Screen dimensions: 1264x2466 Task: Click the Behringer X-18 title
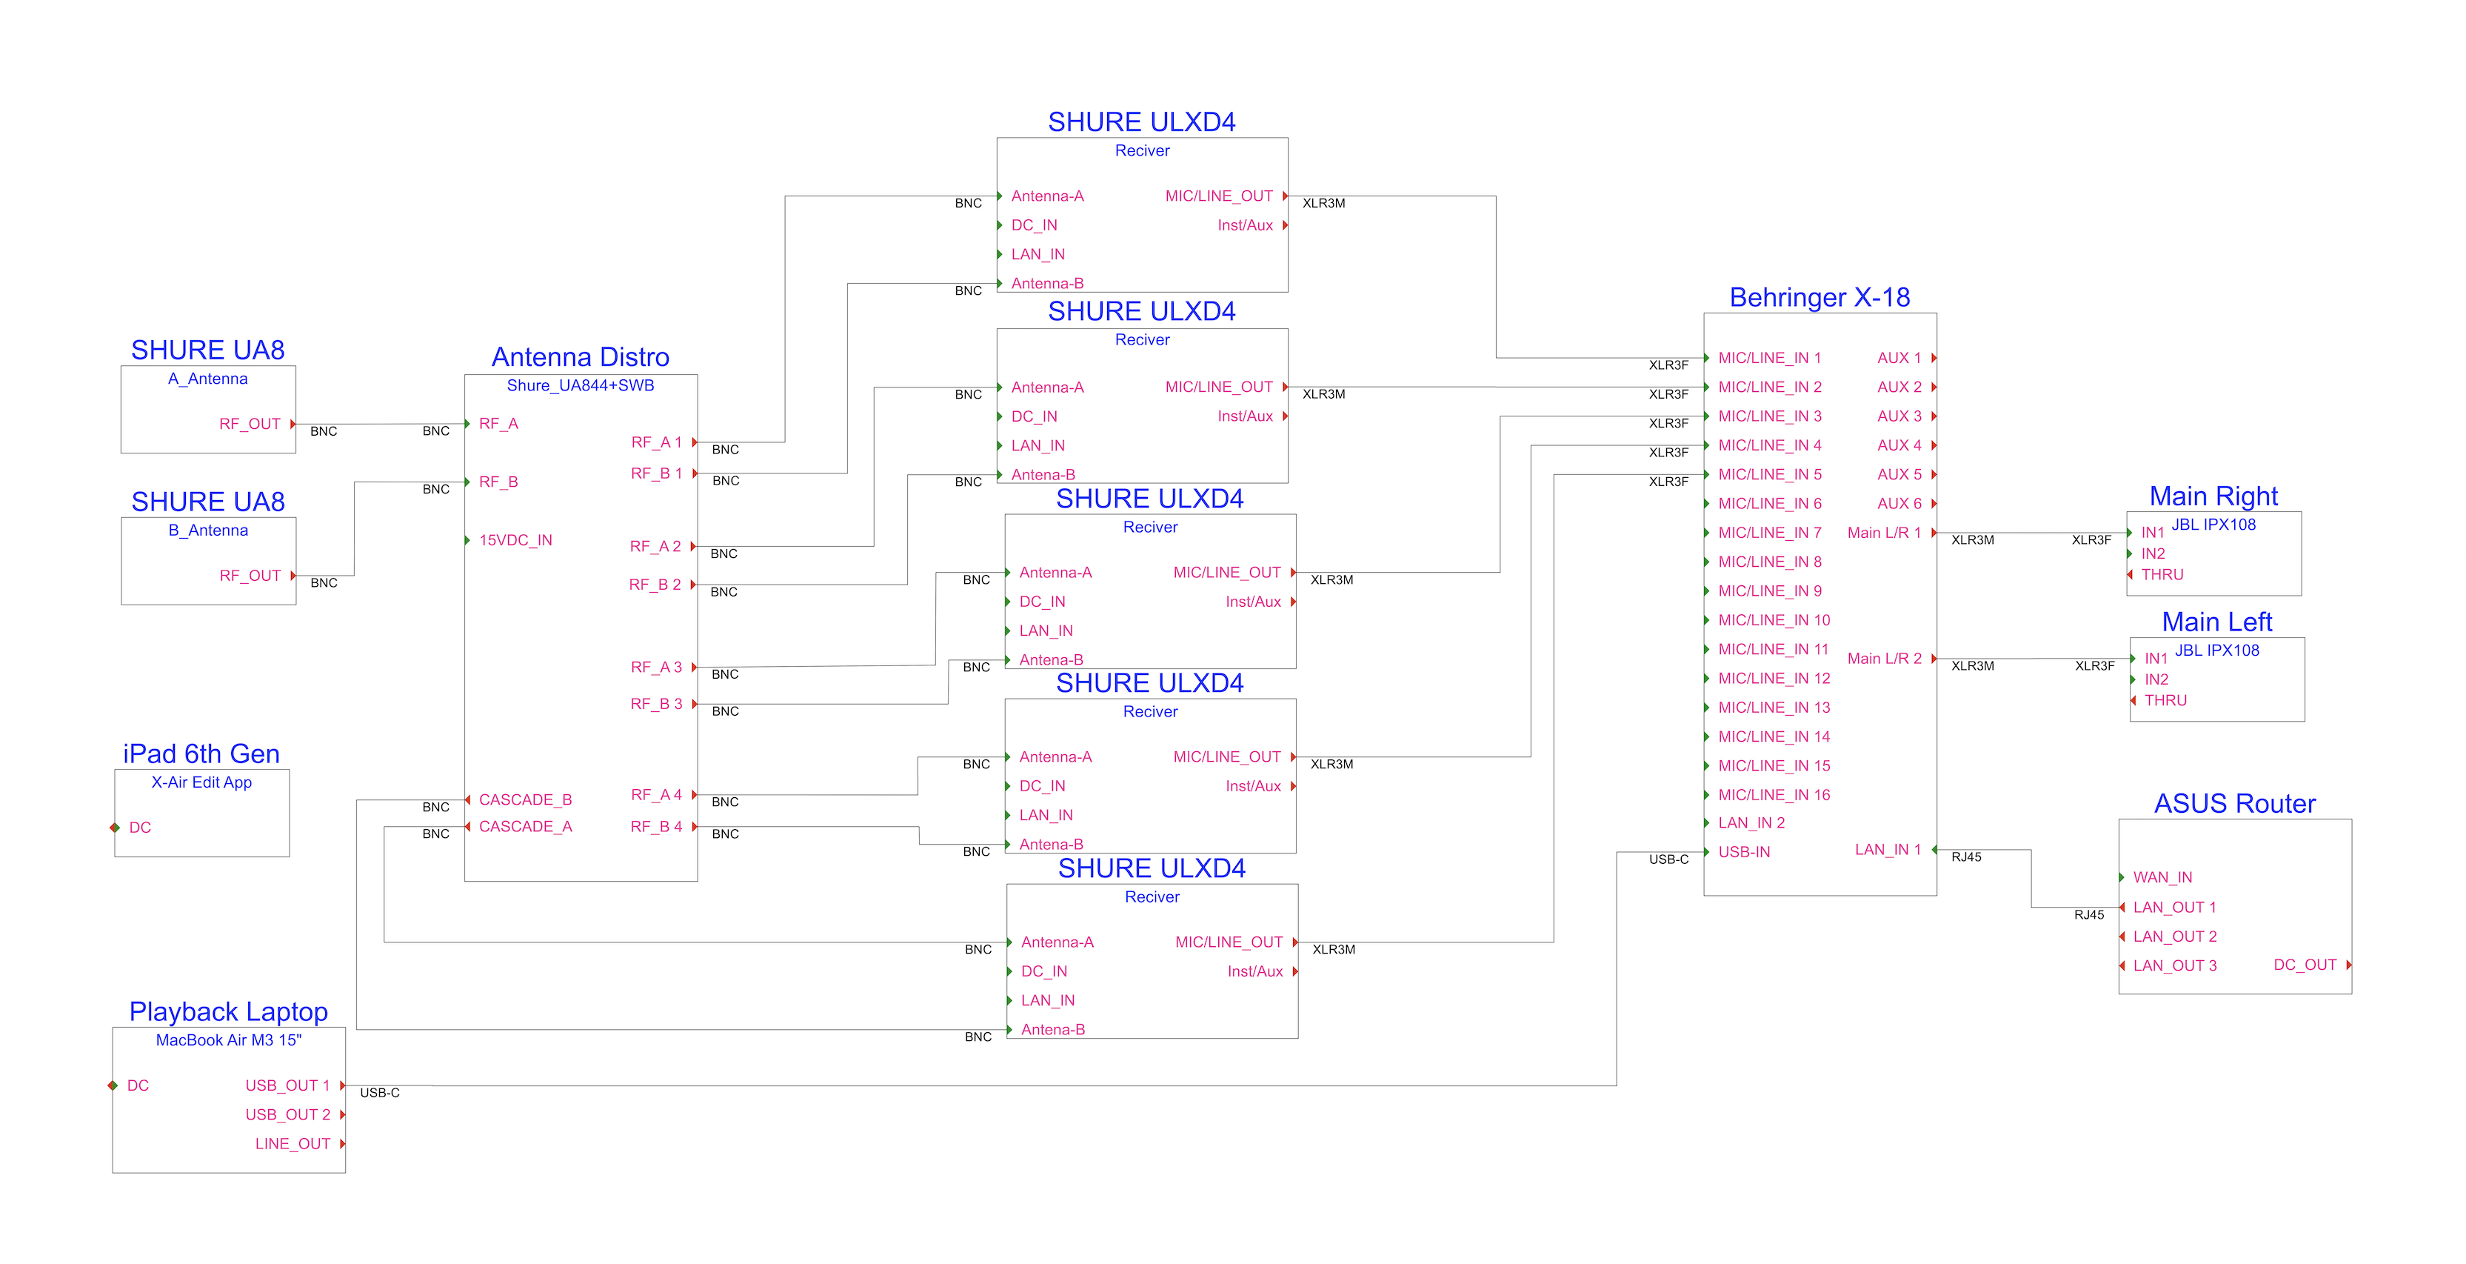1819,298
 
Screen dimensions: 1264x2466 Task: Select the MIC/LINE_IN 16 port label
1773,795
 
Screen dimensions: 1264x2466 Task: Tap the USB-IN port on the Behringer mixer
1743,852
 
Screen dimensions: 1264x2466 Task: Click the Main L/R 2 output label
1883,659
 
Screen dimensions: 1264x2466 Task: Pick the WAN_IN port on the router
2162,878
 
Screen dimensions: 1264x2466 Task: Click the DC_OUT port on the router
2305,965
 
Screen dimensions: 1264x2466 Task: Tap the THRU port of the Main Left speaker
2165,701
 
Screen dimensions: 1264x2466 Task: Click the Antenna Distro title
580,357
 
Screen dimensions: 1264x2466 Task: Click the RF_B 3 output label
656,705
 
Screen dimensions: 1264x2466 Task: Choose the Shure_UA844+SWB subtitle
580,386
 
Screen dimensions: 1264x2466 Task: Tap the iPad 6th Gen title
201,754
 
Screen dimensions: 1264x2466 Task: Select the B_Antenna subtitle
208,530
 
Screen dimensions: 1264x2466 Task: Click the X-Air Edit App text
201,782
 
